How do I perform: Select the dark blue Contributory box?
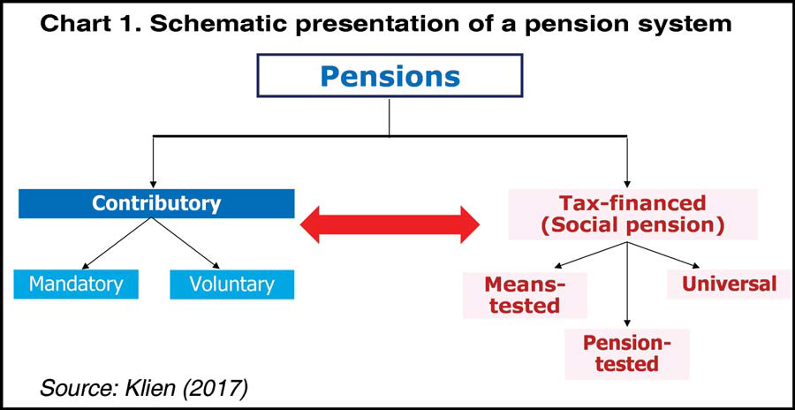coord(156,204)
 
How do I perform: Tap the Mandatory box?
coord(76,285)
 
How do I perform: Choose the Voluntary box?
coord(231,285)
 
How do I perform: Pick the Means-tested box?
coord(524,295)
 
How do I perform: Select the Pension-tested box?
coord(627,353)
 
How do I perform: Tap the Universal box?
coord(729,284)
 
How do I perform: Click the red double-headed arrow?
coord(390,226)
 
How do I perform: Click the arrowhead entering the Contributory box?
coord(153,182)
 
